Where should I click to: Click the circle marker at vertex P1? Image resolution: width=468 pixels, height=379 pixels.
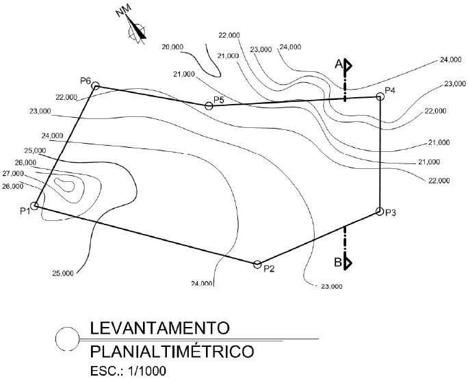[x=35, y=205]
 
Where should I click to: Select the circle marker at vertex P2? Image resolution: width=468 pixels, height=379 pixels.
[x=257, y=264]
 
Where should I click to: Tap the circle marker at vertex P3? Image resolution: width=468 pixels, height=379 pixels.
[x=379, y=212]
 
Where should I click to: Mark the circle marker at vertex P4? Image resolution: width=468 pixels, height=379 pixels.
[x=380, y=96]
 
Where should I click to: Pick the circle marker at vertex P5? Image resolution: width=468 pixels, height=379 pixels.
[x=209, y=105]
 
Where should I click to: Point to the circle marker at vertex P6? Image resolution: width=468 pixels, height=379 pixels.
[x=96, y=86]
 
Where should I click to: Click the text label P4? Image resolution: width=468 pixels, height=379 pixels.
[x=390, y=90]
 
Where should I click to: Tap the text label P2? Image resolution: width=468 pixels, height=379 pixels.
[x=269, y=268]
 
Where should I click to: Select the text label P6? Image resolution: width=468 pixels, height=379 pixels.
[x=86, y=81]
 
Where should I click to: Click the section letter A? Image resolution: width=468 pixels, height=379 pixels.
[x=338, y=64]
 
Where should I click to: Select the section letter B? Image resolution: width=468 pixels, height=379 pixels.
[x=338, y=261]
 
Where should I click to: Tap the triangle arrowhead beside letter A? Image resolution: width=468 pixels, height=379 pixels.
[x=348, y=66]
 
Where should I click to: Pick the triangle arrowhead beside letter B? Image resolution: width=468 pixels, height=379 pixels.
[x=348, y=261]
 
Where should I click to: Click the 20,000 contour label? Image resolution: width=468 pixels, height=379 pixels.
[x=172, y=47]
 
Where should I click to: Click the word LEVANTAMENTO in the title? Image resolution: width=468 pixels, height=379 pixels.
[x=159, y=327]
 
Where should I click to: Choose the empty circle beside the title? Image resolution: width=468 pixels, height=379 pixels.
[x=66, y=339]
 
